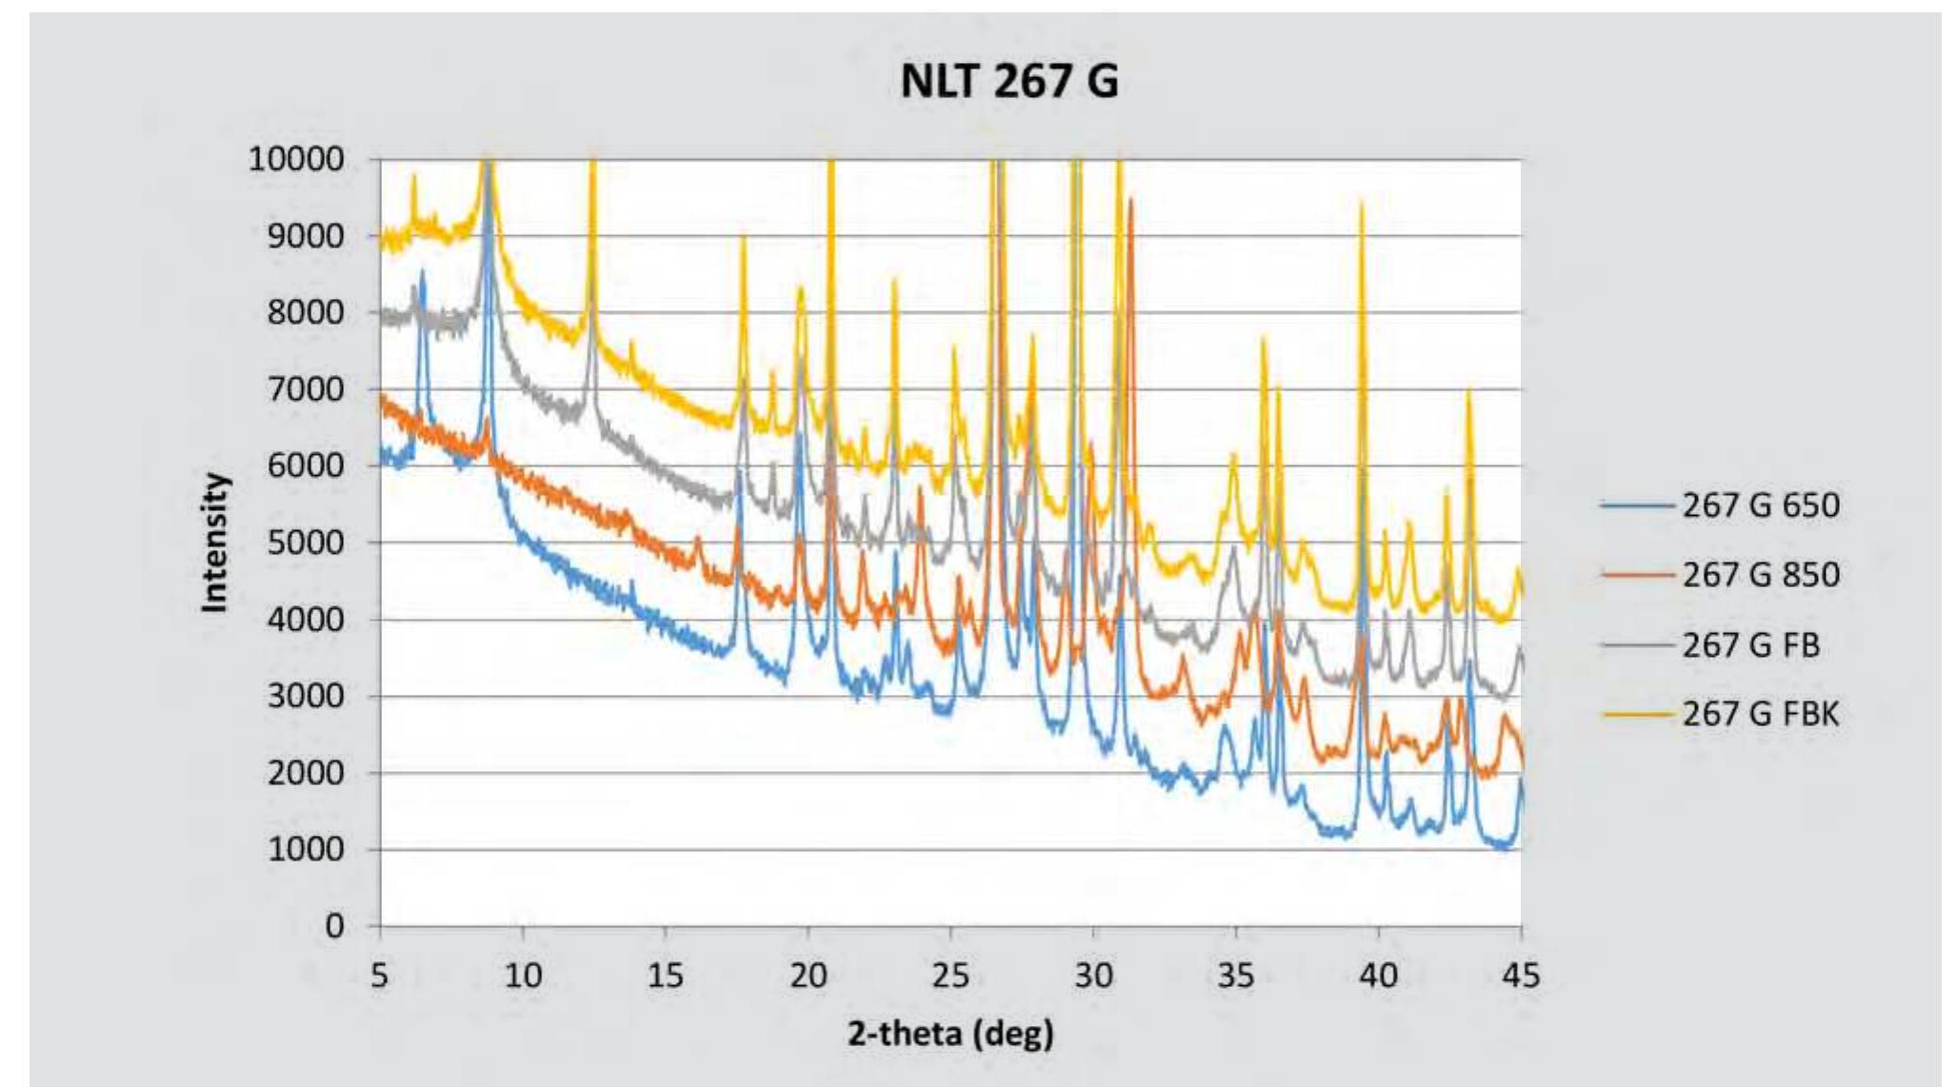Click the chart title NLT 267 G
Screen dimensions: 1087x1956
(x=1008, y=80)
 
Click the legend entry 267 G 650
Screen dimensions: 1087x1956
(x=1760, y=504)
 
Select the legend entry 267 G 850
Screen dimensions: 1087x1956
(x=1760, y=575)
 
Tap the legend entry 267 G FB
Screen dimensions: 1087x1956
(x=1750, y=645)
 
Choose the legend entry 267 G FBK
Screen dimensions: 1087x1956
(x=1760, y=714)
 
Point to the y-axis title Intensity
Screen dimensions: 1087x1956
(x=216, y=543)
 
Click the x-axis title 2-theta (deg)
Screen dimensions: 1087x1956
(x=950, y=1033)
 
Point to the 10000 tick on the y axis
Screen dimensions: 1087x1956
(x=296, y=159)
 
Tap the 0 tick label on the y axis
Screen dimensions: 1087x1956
(x=334, y=925)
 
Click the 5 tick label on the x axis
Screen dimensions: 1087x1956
(x=380, y=975)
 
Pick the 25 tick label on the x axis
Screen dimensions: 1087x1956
(x=950, y=975)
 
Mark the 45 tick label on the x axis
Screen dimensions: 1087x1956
(x=1520, y=975)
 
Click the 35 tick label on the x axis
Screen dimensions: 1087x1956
(x=1235, y=975)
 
